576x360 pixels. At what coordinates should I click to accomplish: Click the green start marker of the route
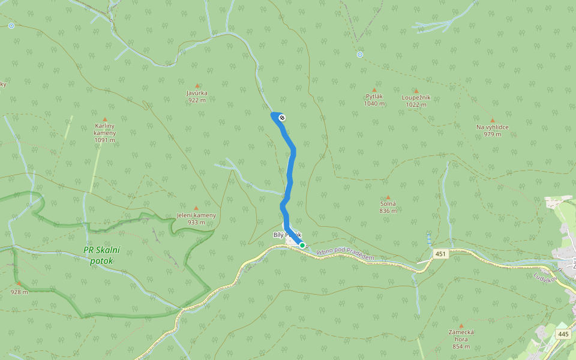click(x=302, y=245)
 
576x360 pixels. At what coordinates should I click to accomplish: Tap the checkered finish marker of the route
click(x=281, y=118)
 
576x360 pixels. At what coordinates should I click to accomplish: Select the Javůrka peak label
click(x=197, y=93)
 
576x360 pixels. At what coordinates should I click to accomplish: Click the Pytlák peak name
click(x=374, y=96)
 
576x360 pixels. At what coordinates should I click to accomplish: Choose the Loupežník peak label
click(x=415, y=97)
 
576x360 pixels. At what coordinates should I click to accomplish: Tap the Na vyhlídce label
click(x=492, y=127)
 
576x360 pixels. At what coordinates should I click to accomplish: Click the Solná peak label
click(x=388, y=204)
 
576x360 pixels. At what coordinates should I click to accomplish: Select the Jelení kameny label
click(x=196, y=215)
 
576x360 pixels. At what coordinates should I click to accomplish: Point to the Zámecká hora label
click(x=461, y=332)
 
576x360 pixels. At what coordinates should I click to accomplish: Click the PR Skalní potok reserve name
click(x=101, y=256)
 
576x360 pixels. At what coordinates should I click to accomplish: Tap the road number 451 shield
click(x=441, y=254)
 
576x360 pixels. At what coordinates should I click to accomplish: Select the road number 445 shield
click(x=563, y=334)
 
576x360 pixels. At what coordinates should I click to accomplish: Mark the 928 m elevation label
click(x=19, y=292)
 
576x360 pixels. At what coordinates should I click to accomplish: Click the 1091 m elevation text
click(x=104, y=140)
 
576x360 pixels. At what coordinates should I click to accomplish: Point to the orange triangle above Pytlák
click(x=374, y=89)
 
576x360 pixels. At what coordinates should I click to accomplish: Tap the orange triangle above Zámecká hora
click(x=461, y=325)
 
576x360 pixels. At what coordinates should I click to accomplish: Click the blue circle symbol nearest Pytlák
click(x=359, y=55)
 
